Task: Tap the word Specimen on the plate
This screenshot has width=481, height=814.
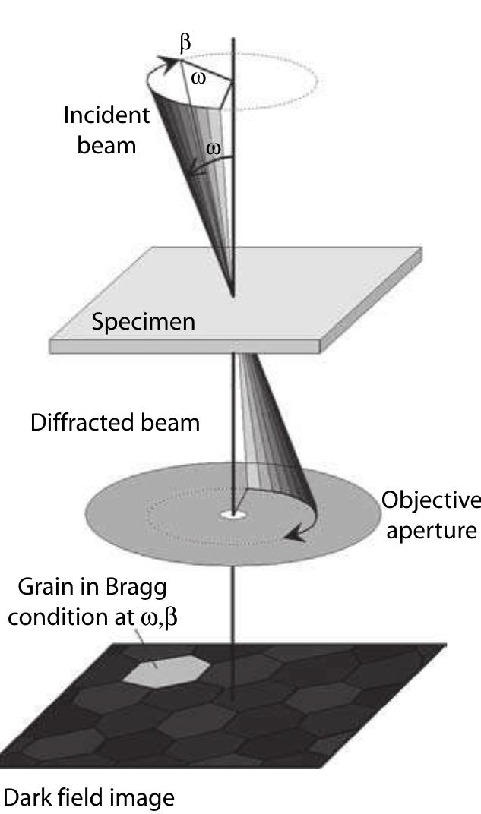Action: [x=143, y=321]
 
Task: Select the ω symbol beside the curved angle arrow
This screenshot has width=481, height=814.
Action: [x=214, y=150]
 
